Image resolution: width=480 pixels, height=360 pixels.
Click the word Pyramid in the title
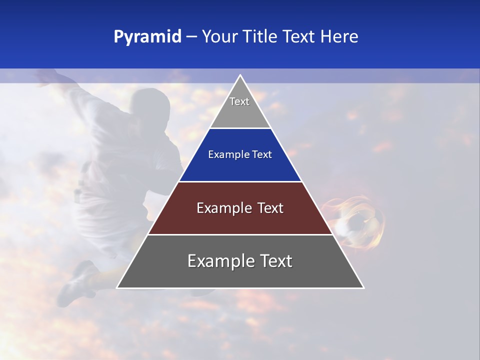147,37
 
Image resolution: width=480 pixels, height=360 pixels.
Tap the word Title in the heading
263,37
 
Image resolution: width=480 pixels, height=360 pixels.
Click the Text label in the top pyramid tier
239,101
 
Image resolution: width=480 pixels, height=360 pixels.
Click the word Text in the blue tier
262,155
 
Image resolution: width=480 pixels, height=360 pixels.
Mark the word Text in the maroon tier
270,208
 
